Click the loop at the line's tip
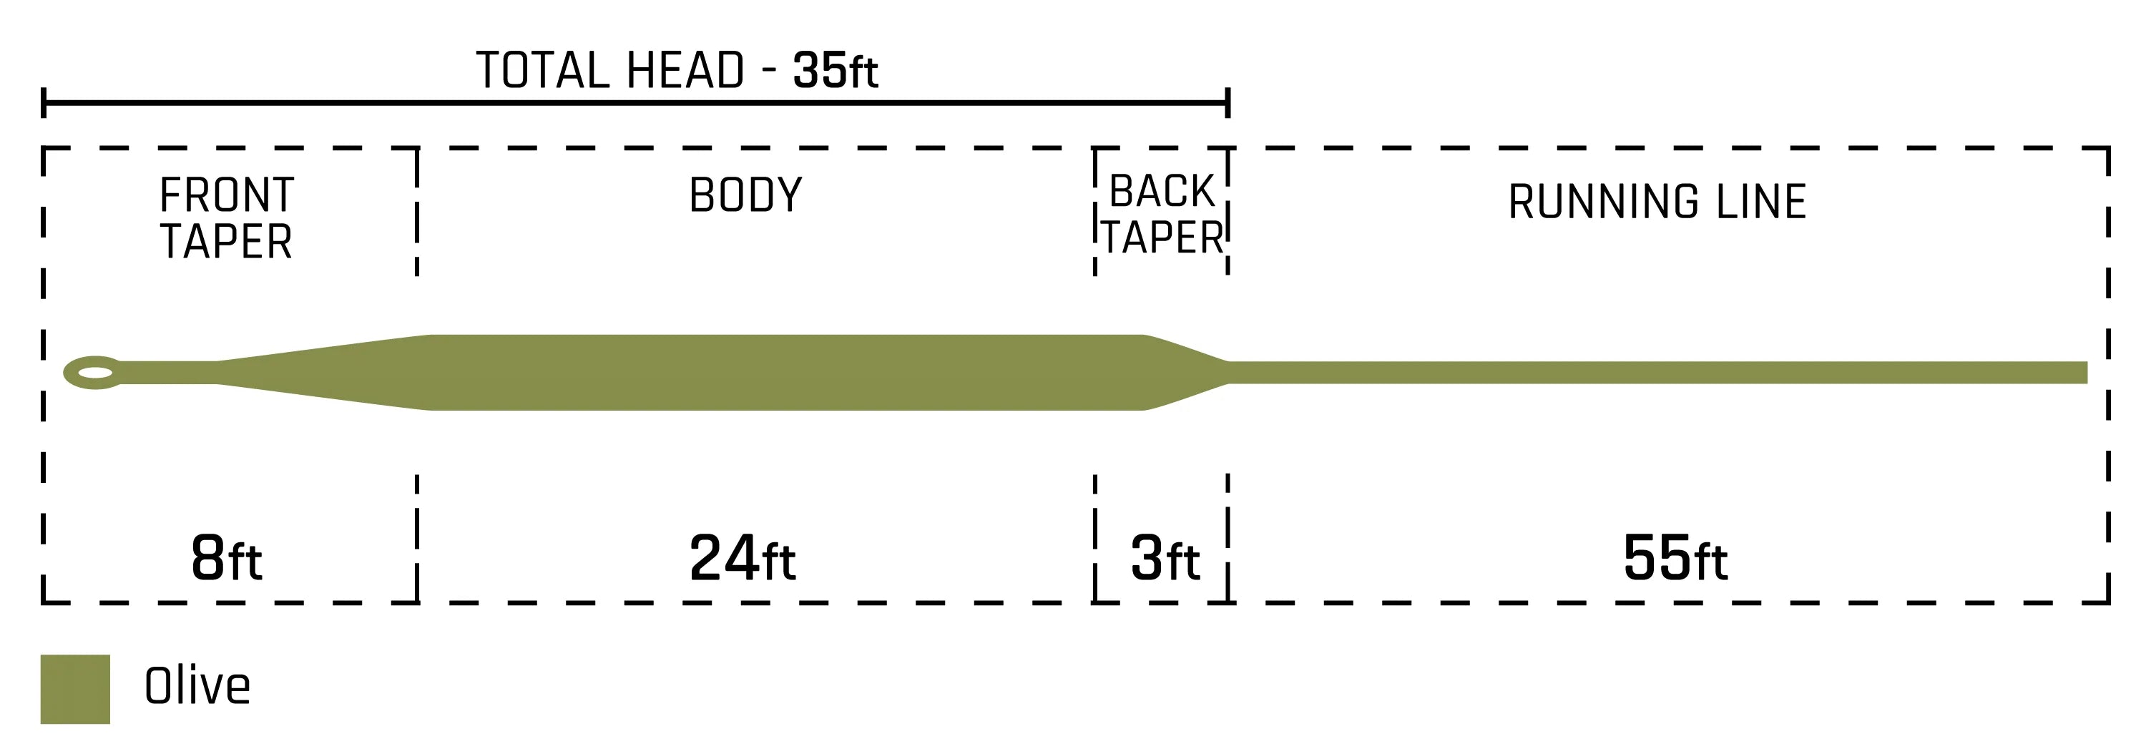pos(67,373)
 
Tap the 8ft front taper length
pos(226,558)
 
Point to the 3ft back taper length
pos(1165,558)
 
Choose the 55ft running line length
pos(1675,558)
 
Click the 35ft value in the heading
pos(835,70)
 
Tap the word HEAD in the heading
pos(685,70)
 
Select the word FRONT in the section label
pos(227,196)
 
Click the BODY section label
pos(745,195)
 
